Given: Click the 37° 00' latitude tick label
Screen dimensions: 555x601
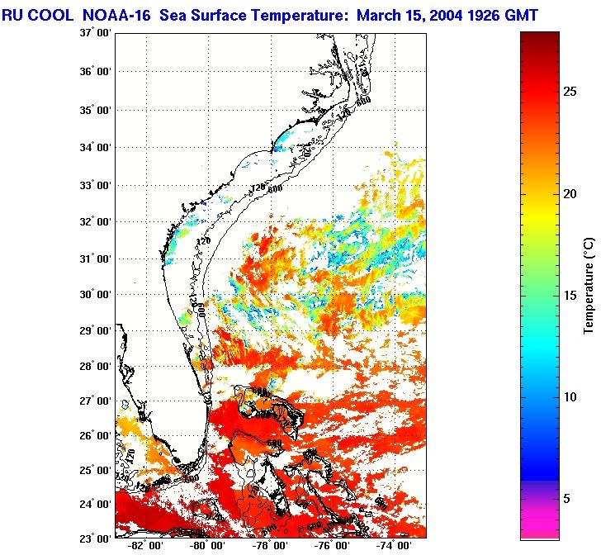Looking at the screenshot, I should point(92,33).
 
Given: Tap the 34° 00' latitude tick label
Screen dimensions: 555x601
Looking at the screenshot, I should point(92,148).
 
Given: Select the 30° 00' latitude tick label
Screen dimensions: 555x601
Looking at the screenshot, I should point(92,295).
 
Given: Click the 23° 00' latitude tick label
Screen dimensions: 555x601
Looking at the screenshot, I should point(92,538).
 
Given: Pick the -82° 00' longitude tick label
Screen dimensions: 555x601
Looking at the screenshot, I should point(143,547).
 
